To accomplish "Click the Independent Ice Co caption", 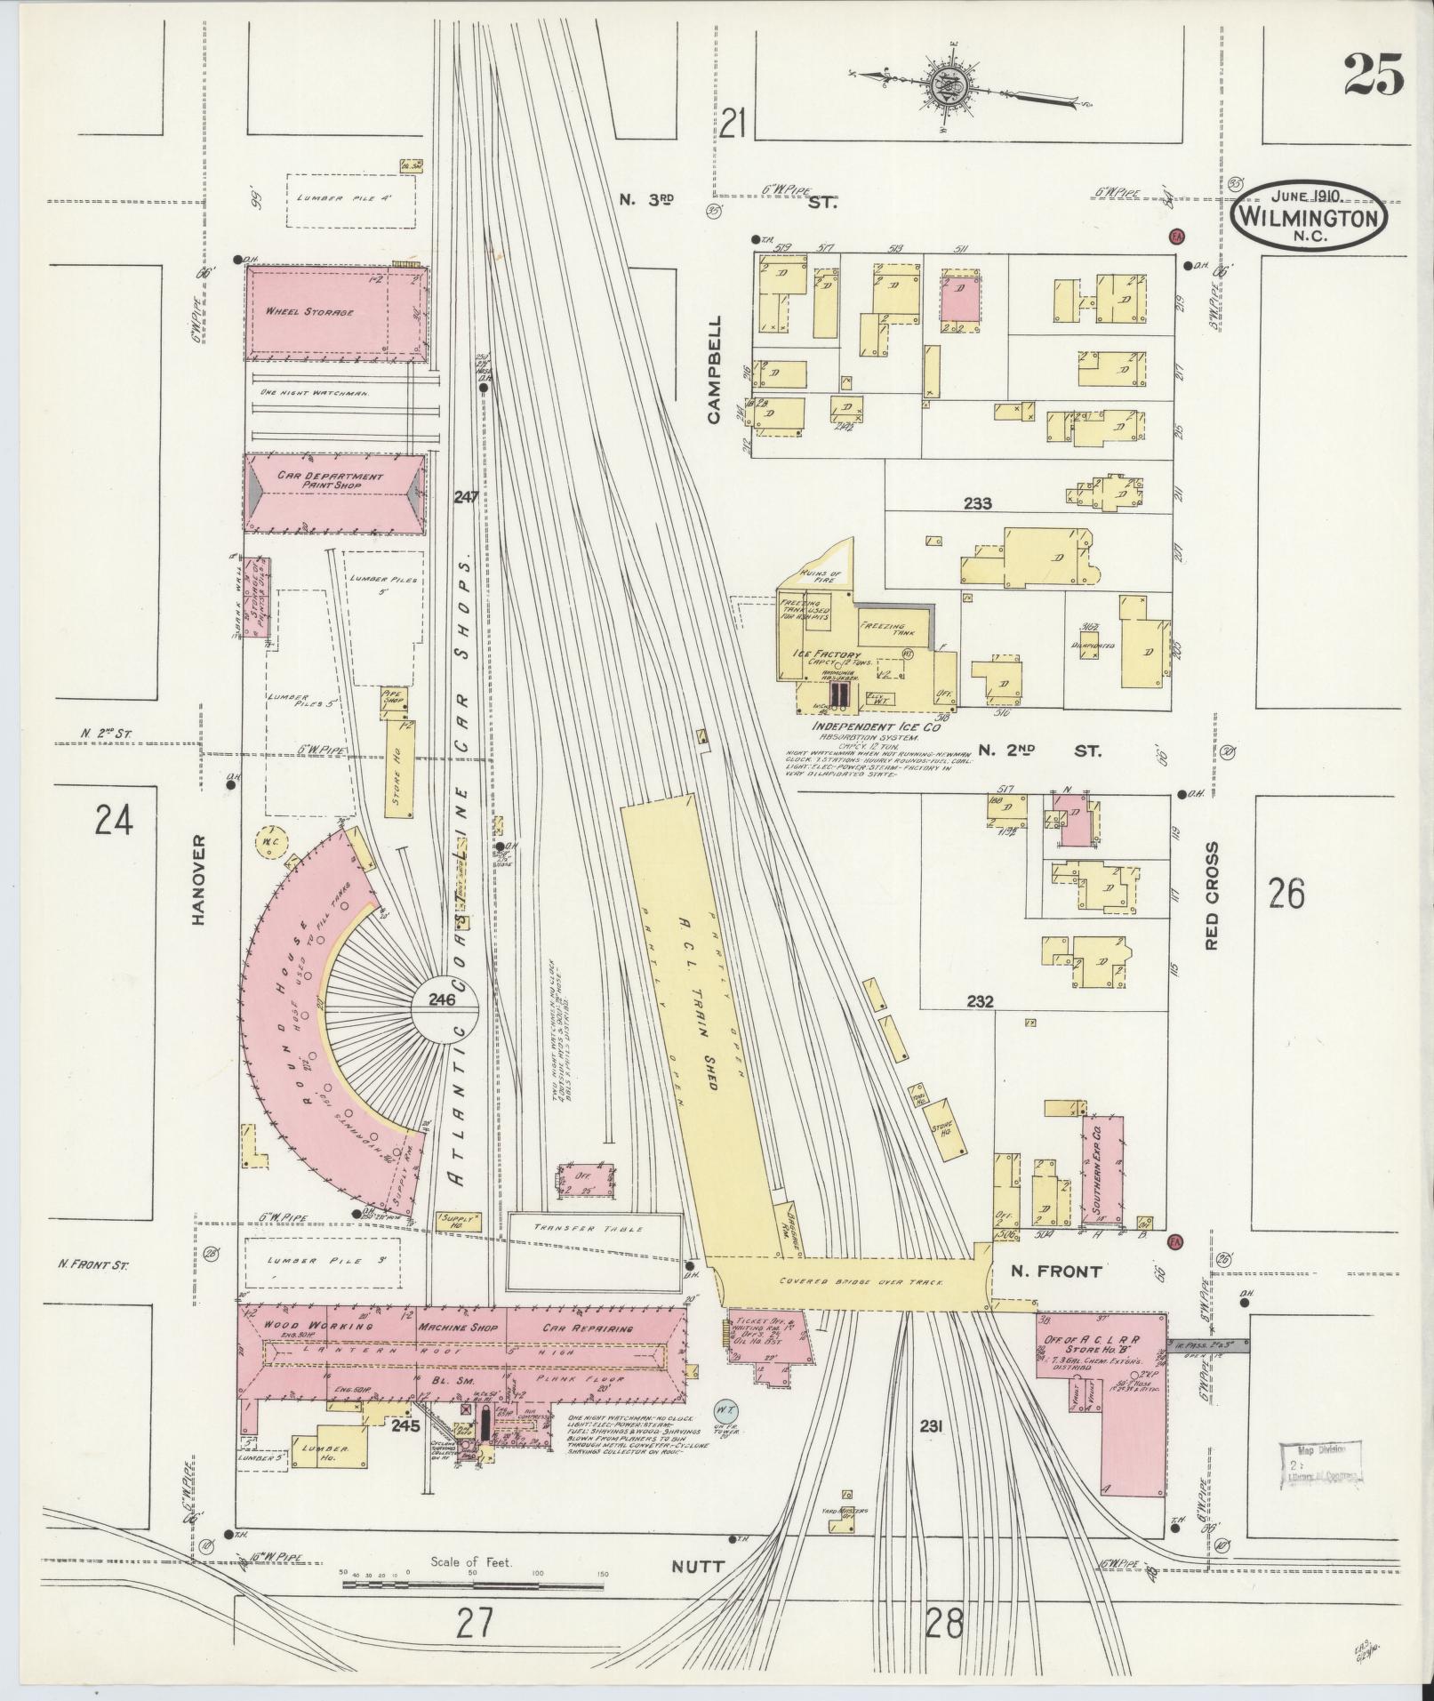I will pyautogui.click(x=876, y=726).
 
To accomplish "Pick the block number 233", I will pyautogui.click(x=977, y=503).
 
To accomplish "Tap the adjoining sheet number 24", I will pyautogui.click(x=114, y=819).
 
